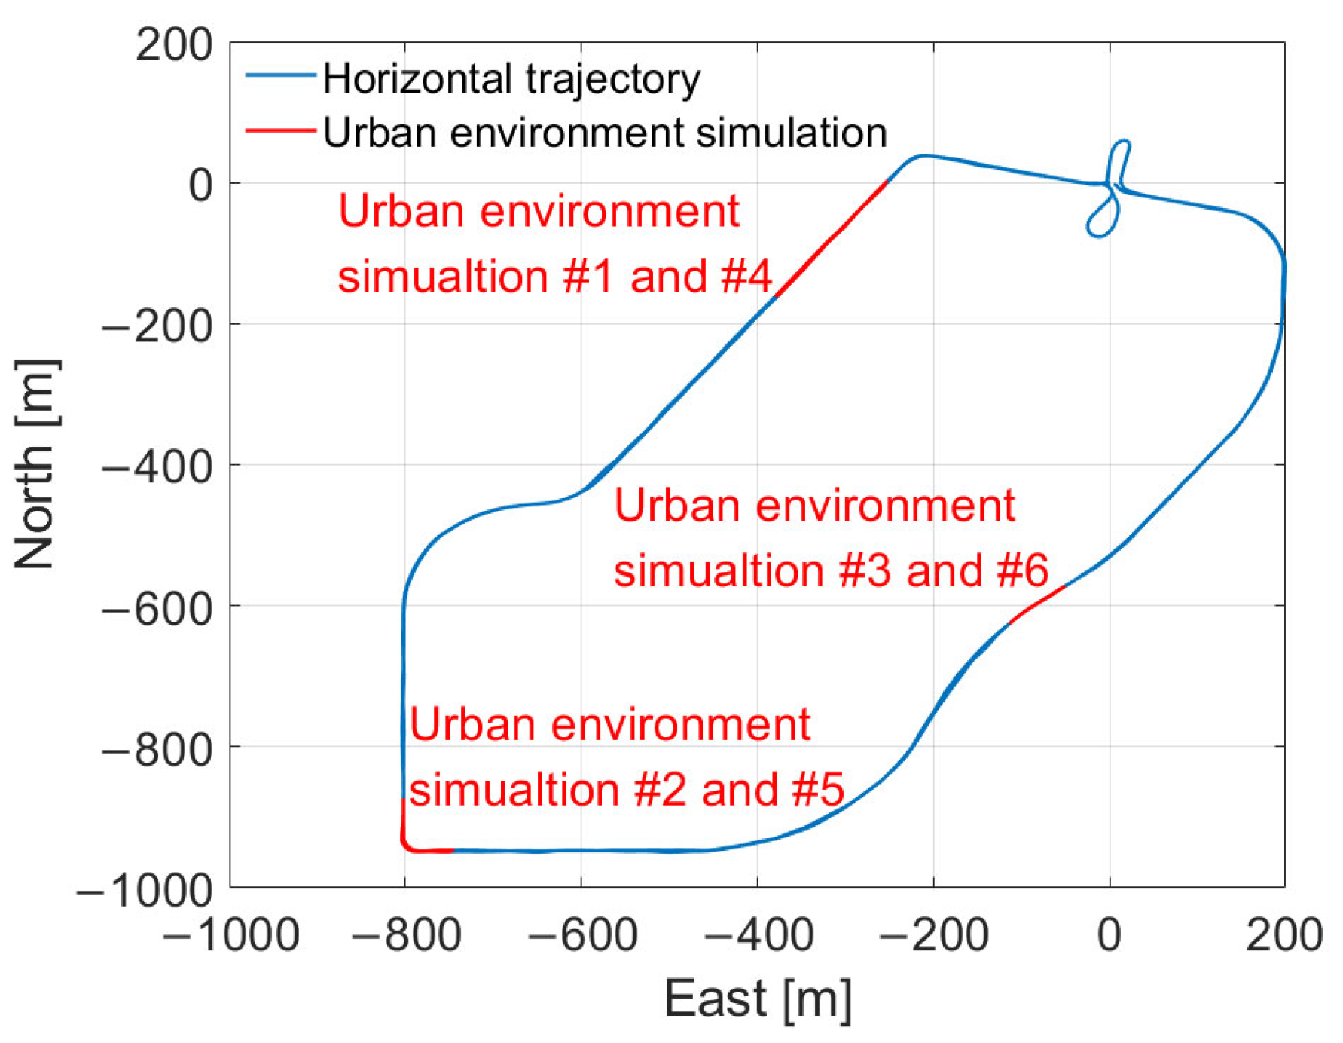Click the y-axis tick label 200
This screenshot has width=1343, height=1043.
(x=174, y=45)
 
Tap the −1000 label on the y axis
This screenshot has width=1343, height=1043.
(x=145, y=891)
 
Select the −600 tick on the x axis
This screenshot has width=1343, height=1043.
(x=581, y=935)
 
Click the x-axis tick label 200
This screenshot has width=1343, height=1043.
(x=1283, y=935)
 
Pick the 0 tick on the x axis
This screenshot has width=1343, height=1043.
(x=1109, y=935)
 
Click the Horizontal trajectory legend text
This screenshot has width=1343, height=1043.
(x=511, y=78)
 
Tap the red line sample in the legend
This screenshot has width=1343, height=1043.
(x=280, y=131)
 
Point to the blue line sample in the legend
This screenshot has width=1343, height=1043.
(x=280, y=75)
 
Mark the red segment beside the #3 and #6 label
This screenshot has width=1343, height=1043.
(x=1038, y=603)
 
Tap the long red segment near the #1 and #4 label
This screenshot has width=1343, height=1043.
(x=832, y=237)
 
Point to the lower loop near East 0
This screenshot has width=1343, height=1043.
(x=1101, y=220)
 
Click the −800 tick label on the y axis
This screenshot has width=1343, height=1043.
(x=157, y=749)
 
